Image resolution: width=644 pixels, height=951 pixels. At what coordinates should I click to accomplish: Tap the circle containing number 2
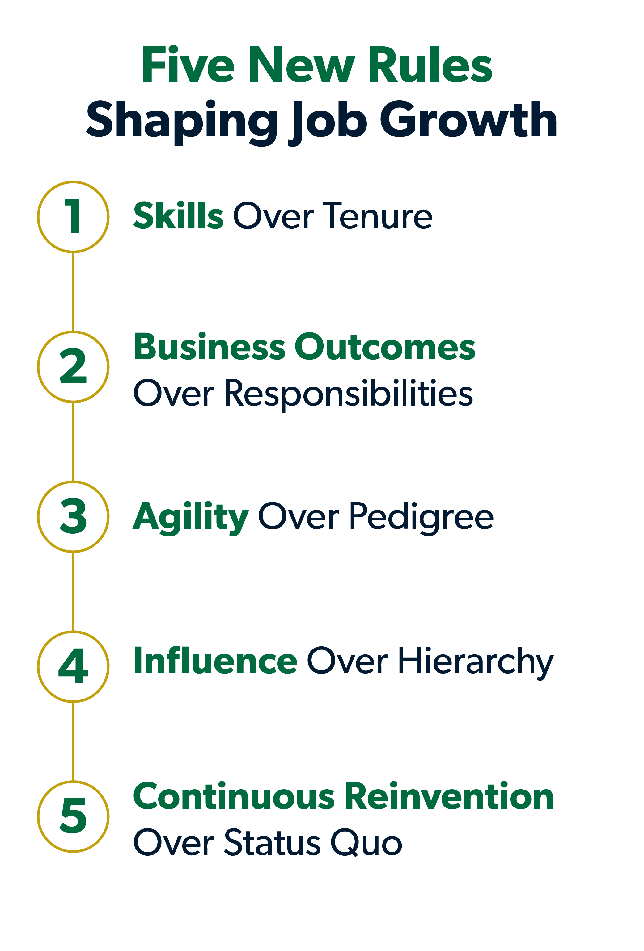[38, 367]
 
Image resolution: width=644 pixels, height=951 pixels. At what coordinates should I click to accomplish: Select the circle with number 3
[38, 517]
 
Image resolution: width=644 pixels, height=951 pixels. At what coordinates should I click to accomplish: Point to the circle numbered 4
[38, 667]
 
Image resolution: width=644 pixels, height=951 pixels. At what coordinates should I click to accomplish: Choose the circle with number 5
[38, 817]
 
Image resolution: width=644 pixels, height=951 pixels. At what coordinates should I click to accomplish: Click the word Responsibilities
[348, 394]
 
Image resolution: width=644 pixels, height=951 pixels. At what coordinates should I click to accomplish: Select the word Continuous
[234, 796]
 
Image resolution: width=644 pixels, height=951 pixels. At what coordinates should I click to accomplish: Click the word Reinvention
[449, 796]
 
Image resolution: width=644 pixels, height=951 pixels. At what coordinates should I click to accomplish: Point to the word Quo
[366, 843]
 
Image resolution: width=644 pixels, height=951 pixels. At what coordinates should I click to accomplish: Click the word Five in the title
[188, 64]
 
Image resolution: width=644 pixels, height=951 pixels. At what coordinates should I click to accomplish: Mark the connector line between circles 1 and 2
[73, 292]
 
